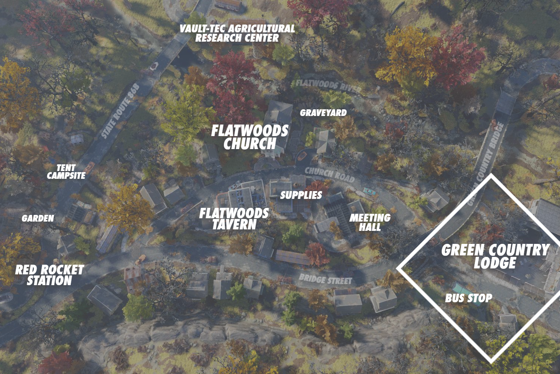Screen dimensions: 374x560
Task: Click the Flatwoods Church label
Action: click(x=249, y=137)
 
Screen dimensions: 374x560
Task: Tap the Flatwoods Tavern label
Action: click(x=234, y=219)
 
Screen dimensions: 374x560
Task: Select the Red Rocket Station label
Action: click(x=49, y=275)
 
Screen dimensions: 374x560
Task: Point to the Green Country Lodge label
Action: click(x=495, y=257)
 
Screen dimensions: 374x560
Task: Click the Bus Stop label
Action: click(x=468, y=298)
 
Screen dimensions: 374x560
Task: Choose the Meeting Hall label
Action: click(x=370, y=222)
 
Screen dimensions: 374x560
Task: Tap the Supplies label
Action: click(x=301, y=195)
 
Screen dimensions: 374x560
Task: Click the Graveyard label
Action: click(x=323, y=113)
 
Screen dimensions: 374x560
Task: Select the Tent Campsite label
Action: click(x=66, y=172)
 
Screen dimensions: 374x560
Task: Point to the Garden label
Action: click(x=38, y=219)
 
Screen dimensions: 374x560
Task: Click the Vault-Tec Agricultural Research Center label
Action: click(x=237, y=33)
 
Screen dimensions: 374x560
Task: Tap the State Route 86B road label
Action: click(x=120, y=111)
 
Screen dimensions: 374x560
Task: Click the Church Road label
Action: click(x=330, y=174)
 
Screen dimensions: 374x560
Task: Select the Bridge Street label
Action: click(x=325, y=279)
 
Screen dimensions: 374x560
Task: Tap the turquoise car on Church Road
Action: click(x=369, y=191)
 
